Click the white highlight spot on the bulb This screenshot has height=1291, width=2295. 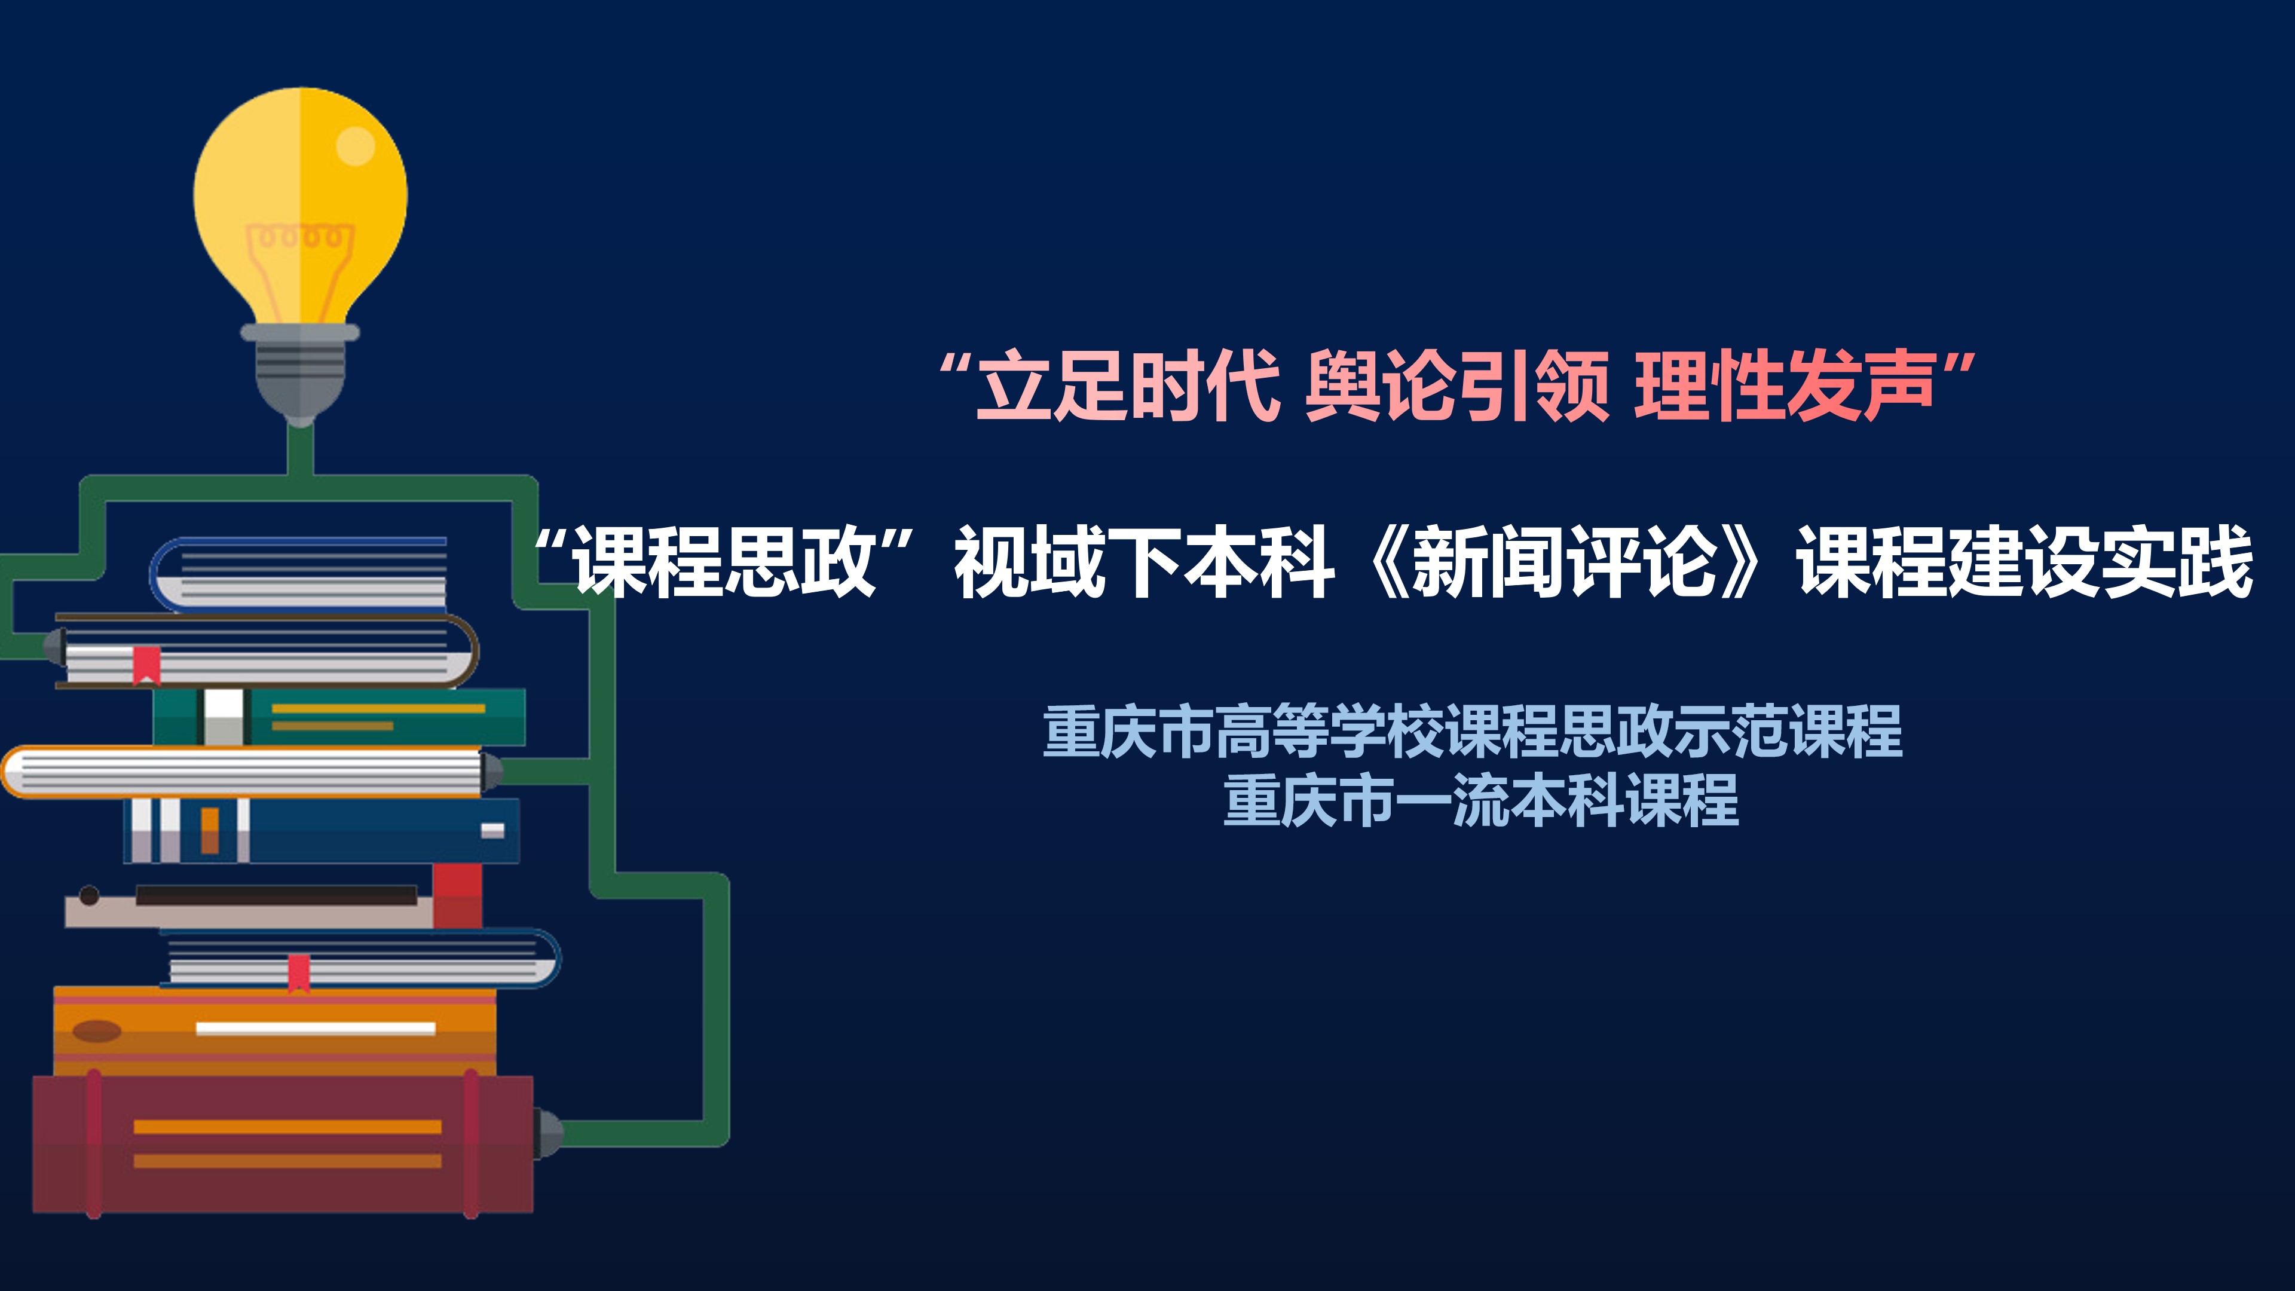tap(356, 146)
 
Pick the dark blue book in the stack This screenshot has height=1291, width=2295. tap(322, 830)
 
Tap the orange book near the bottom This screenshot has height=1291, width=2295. tap(274, 1031)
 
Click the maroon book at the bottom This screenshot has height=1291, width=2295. tap(283, 1144)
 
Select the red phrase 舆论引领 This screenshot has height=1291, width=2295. tap(1458, 386)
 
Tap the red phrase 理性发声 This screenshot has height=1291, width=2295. tap(1785, 386)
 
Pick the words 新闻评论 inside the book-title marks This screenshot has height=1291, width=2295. tap(1565, 561)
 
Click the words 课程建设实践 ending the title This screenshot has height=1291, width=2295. tap(2025, 561)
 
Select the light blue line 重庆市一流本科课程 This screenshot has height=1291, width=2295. tap(1481, 800)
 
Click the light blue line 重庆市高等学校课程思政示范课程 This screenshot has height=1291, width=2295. tap(1473, 730)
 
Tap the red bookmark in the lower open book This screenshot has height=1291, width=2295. tap(298, 974)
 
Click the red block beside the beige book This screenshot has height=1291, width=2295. tap(458, 895)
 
